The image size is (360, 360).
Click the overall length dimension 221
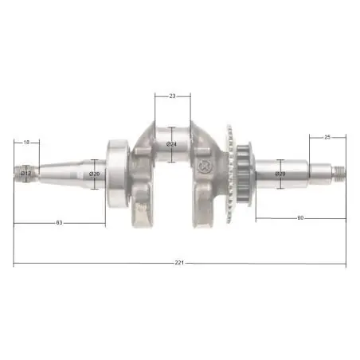(x=179, y=263)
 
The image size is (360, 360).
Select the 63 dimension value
(x=59, y=223)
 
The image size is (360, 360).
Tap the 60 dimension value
(x=300, y=218)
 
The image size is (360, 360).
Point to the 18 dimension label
(x=26, y=143)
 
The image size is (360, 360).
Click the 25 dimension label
(x=327, y=137)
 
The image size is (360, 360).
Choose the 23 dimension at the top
(x=172, y=96)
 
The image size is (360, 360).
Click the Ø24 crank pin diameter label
(x=171, y=144)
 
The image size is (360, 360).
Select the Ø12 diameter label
(x=26, y=174)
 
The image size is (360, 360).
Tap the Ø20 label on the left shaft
(x=95, y=174)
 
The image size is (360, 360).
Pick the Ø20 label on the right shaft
(x=280, y=174)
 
